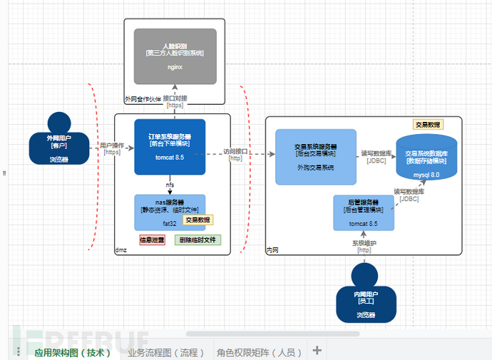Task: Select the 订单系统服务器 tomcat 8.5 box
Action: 170,146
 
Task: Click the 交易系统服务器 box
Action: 316,156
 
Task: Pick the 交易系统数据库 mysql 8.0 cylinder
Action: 426,158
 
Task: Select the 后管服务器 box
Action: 363,213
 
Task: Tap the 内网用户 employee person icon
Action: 366,293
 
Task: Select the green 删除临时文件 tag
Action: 198,240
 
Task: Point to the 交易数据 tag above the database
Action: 427,124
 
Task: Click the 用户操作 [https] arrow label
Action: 112,148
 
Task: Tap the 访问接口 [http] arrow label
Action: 236,154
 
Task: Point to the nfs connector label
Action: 170,185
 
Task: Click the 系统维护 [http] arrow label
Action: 363,246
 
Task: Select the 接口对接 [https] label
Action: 175,101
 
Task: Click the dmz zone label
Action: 121,250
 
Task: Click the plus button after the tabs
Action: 317,351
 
